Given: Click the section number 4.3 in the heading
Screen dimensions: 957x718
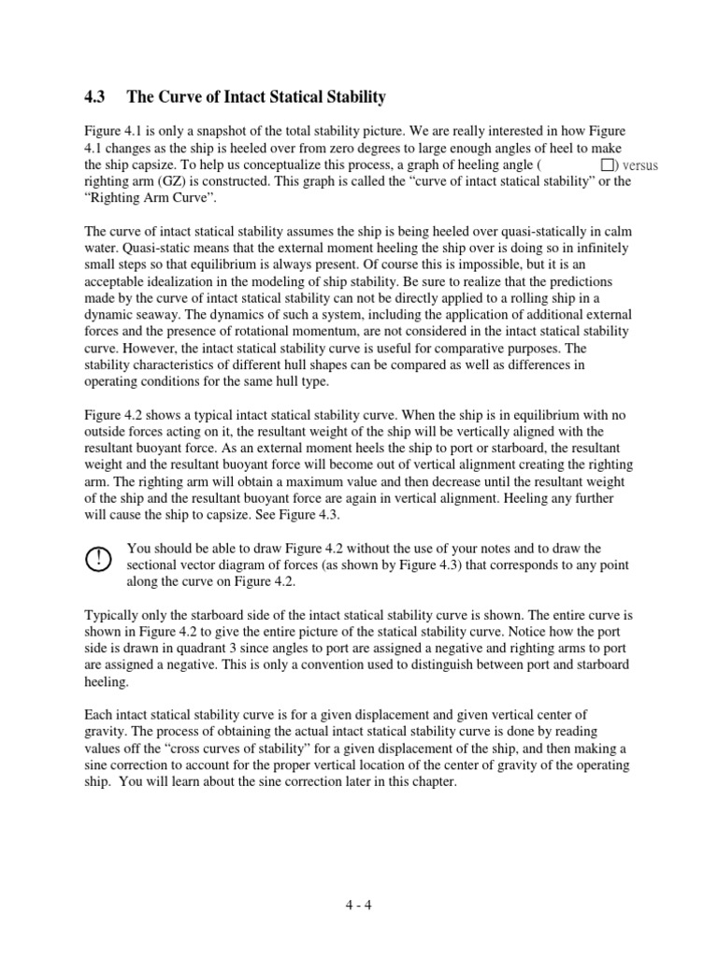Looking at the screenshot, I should (x=96, y=97).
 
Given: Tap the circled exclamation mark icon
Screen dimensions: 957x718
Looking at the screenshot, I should (x=97, y=558).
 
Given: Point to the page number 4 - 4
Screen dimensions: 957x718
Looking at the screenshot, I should (x=359, y=906).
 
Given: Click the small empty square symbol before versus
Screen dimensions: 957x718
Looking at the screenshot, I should (x=607, y=165).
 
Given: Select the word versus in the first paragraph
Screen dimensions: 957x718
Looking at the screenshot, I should (x=640, y=165).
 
